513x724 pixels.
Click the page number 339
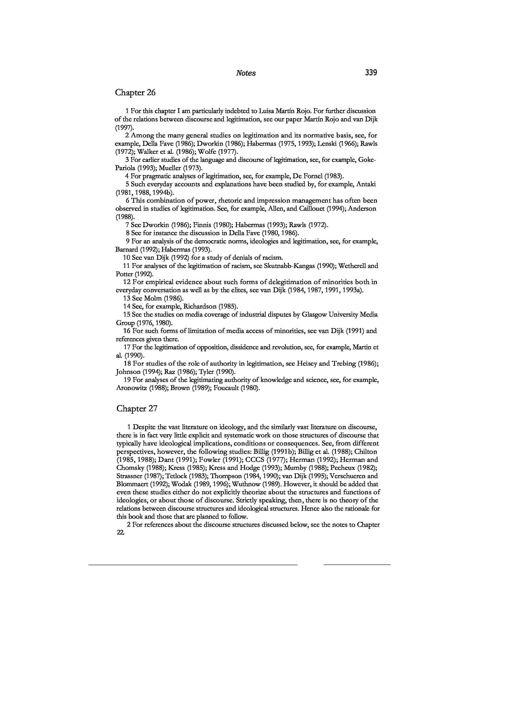371,73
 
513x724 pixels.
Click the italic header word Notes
246,73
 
